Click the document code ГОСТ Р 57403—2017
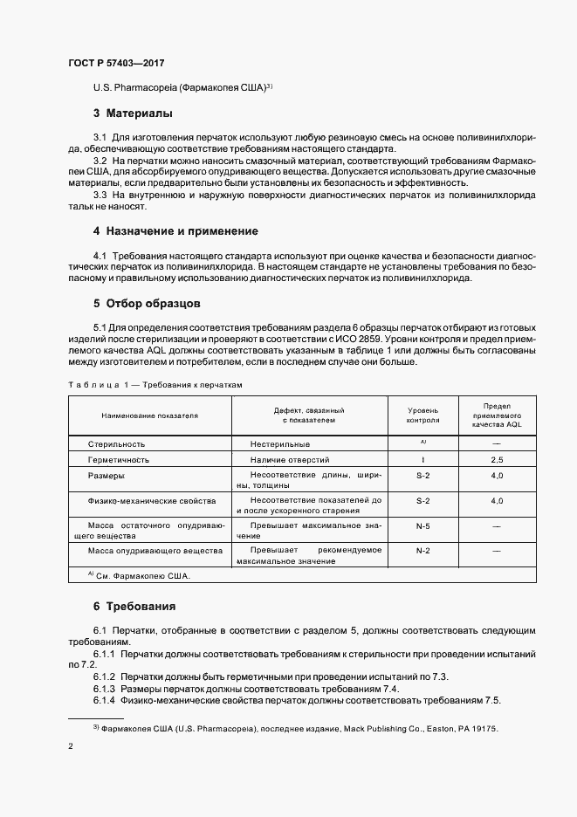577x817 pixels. (115, 64)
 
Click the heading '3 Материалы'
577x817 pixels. (133, 113)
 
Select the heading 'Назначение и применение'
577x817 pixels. (182, 230)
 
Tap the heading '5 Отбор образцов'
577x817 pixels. (147, 304)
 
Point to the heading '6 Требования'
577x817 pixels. (134, 605)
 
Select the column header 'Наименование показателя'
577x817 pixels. (149, 415)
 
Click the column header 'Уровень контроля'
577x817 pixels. (422, 415)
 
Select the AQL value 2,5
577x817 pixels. (497, 459)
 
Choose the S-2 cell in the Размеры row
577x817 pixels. (422, 476)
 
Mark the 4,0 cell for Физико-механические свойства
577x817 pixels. (497, 501)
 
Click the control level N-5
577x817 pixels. (422, 526)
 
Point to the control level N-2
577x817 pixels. (422, 551)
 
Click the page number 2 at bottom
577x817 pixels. (69, 747)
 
